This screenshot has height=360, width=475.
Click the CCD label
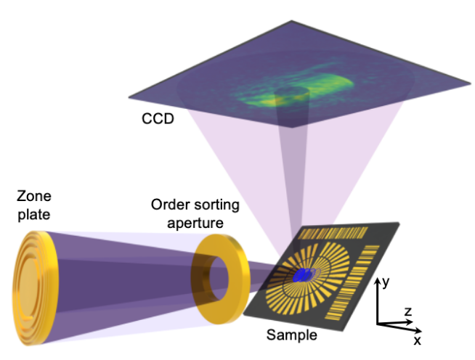click(158, 118)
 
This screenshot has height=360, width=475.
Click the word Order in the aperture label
click(170, 205)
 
